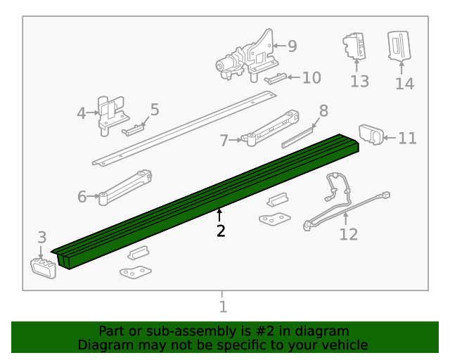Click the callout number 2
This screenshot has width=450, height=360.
pos(221,231)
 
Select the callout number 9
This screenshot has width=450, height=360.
pos(292,46)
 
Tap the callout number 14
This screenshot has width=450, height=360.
pos(404,84)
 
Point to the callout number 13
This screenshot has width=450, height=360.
pos(359,82)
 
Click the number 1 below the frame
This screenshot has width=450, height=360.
pos(223,307)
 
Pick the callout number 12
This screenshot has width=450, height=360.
pos(348,234)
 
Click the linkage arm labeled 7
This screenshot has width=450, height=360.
pos(271,126)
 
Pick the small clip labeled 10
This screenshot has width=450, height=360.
pos(275,78)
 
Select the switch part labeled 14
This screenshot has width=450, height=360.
pos(399,46)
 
